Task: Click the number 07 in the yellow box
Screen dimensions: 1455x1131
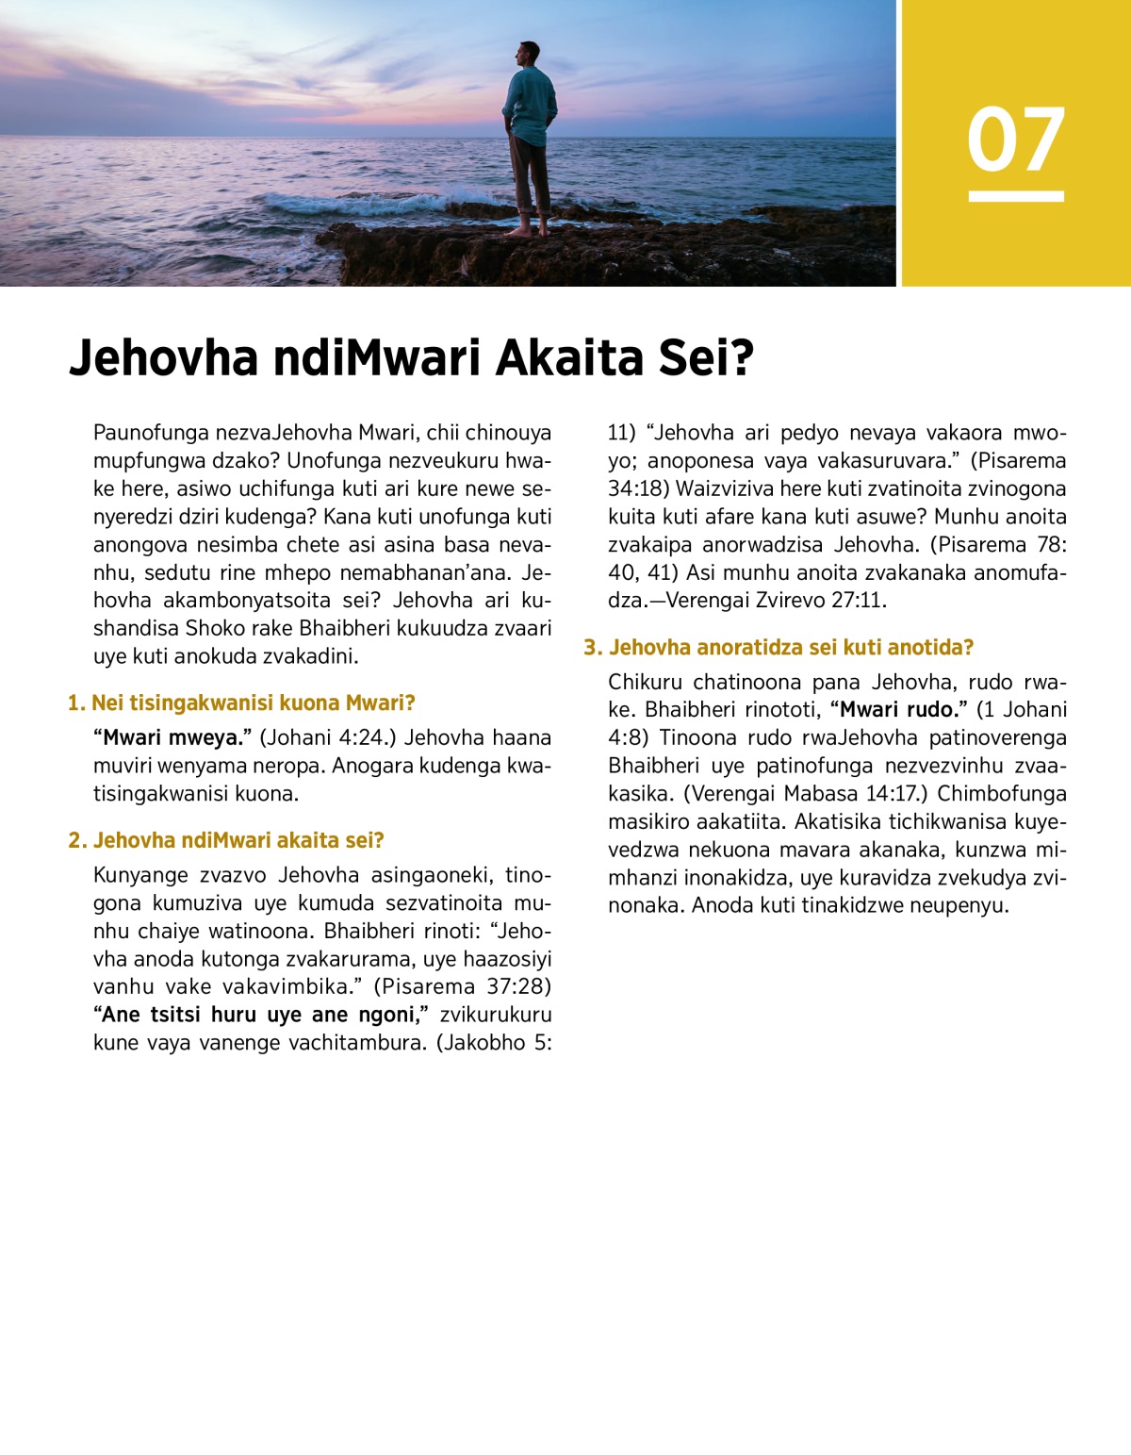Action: click(1015, 140)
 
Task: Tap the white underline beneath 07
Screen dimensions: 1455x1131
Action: click(1015, 196)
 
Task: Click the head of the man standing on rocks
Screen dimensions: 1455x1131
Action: click(530, 54)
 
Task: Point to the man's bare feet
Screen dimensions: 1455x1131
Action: click(528, 230)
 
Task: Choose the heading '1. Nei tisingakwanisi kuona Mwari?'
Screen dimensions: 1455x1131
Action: click(241, 703)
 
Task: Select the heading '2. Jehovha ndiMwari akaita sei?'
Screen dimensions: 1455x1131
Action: click(226, 840)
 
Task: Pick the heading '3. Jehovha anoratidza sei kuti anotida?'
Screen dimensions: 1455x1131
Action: click(779, 647)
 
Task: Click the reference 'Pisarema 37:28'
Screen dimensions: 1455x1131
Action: click(462, 986)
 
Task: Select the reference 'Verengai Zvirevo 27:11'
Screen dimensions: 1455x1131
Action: click(775, 600)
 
